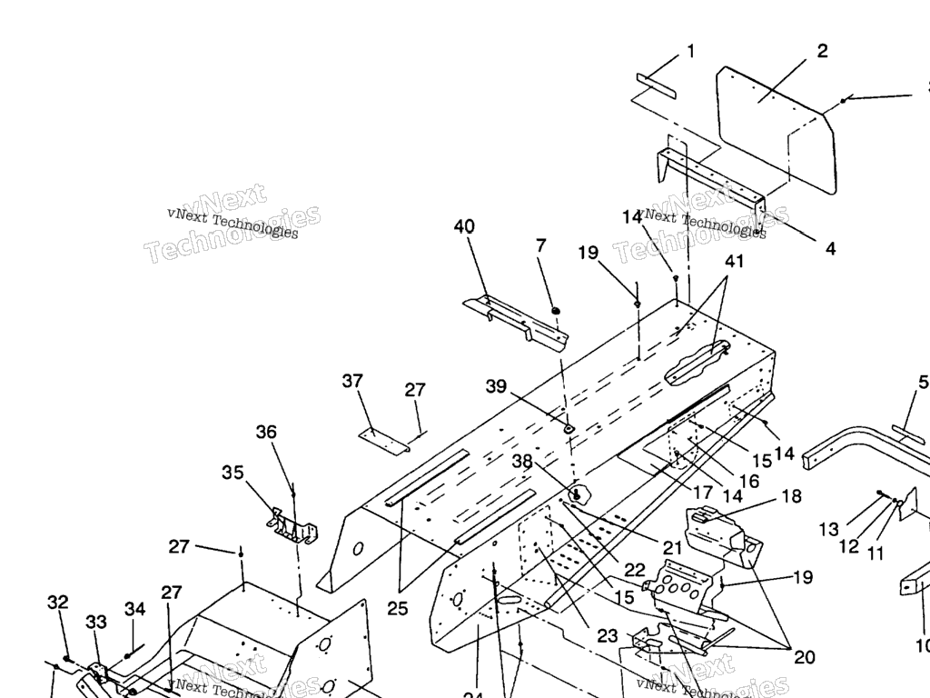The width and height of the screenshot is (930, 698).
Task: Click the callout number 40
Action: (x=464, y=226)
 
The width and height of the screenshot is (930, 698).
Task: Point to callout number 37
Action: (x=352, y=381)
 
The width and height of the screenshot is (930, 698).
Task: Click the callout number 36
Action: (x=266, y=432)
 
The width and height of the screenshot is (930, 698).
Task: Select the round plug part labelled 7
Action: (x=554, y=311)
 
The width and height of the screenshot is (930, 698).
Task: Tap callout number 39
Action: (x=496, y=386)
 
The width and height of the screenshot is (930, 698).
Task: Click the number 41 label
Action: (x=734, y=262)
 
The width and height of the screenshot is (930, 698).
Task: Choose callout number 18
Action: (x=791, y=496)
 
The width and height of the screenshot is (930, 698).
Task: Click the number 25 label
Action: (x=397, y=609)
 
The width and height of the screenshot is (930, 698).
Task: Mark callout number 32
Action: (x=58, y=603)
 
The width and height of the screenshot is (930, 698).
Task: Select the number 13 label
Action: (x=828, y=529)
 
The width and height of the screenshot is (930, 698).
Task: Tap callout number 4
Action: (x=830, y=247)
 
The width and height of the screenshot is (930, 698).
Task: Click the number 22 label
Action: (x=634, y=569)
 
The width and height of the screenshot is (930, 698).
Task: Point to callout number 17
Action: (x=702, y=493)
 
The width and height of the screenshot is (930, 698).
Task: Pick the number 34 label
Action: (x=134, y=608)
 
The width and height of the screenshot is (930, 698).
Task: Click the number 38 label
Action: (x=521, y=461)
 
